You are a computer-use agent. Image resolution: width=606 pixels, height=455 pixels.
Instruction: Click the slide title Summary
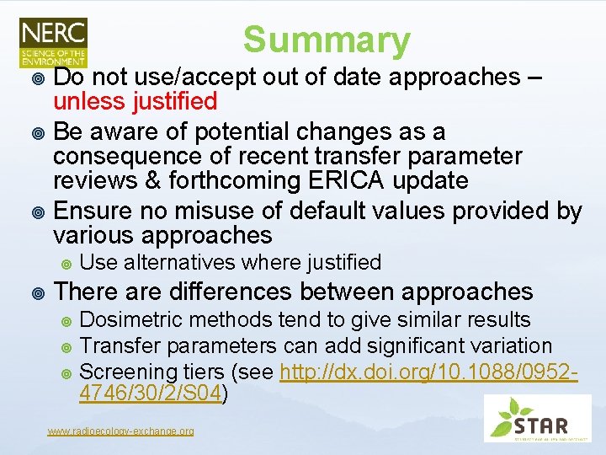[x=327, y=40]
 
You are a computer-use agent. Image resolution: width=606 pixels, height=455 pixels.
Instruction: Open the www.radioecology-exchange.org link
[x=120, y=431]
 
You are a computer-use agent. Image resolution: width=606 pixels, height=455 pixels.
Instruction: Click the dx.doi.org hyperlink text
[x=428, y=372]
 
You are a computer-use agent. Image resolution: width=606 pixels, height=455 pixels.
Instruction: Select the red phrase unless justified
[x=136, y=103]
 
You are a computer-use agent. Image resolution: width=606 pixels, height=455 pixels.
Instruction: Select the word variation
[x=512, y=345]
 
